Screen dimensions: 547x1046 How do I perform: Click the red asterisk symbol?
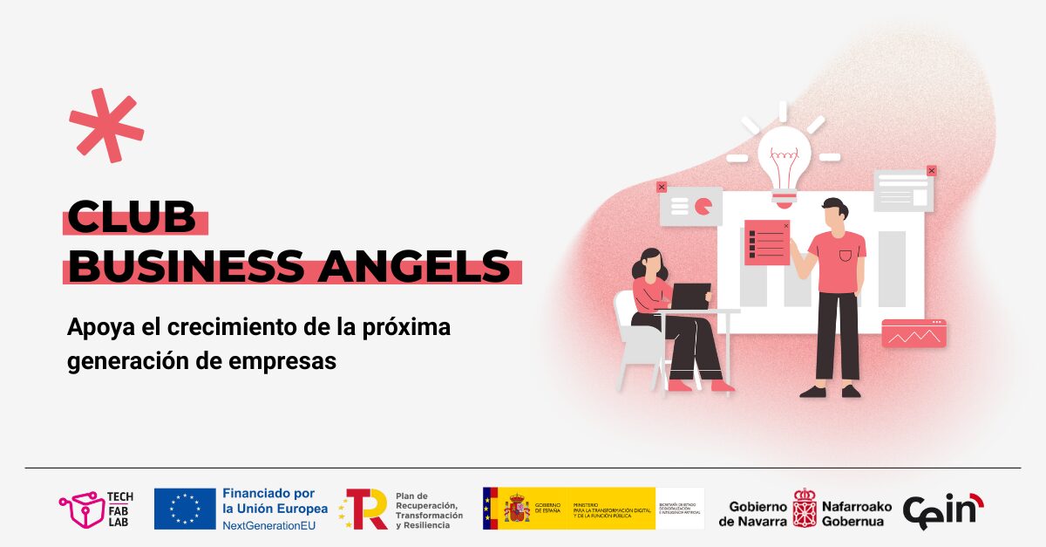point(106,125)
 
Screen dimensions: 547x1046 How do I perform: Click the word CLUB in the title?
point(132,217)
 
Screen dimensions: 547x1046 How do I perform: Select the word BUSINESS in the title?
point(187,266)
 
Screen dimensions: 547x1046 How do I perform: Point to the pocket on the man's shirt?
point(845,256)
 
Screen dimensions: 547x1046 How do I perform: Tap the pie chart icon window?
point(690,206)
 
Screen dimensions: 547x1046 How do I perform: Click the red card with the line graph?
point(914,333)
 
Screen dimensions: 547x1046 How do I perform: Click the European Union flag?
point(185,509)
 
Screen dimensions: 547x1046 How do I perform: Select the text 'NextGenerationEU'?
point(269,526)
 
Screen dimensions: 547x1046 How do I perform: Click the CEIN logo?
point(942,510)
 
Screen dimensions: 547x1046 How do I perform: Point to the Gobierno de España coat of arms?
point(516,509)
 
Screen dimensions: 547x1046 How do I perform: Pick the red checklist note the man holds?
point(766,243)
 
